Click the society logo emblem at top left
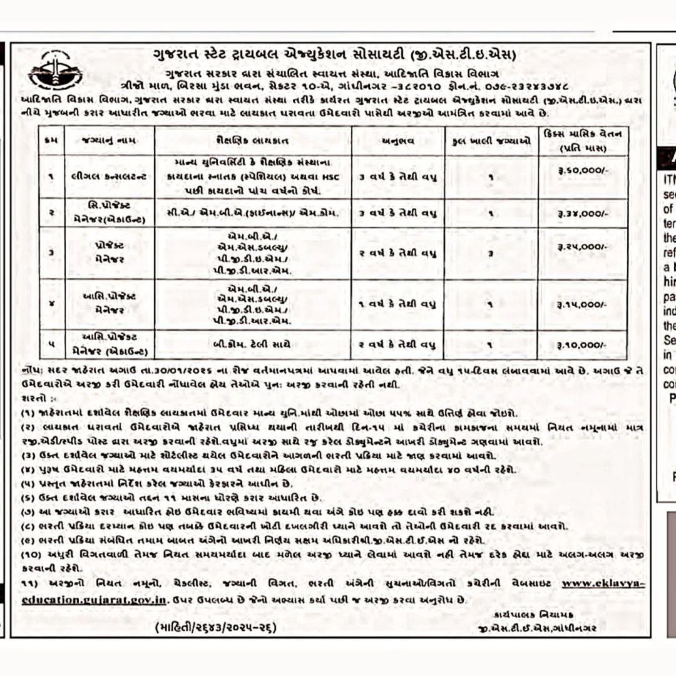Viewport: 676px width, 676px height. [x=55, y=71]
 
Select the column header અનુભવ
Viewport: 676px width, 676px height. [x=397, y=141]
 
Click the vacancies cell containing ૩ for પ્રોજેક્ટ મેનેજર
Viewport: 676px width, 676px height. [x=491, y=253]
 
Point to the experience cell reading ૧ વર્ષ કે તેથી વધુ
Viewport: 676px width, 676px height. [x=397, y=305]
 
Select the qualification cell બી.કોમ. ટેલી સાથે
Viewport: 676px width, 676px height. [x=252, y=345]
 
